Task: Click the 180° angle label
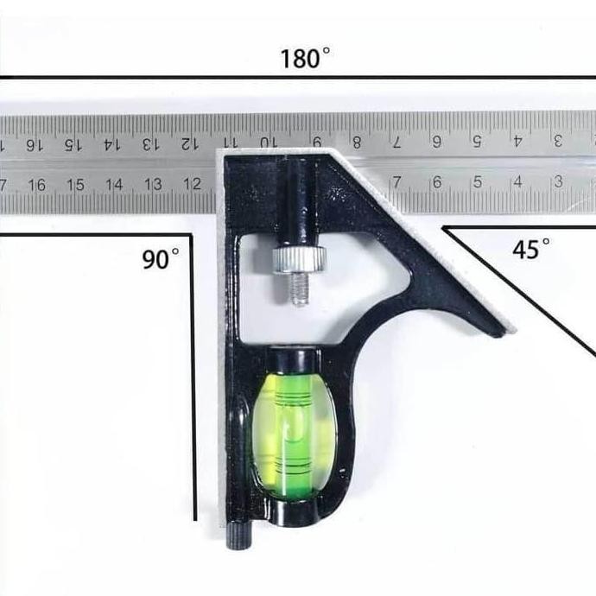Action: [x=305, y=59]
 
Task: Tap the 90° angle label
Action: [x=161, y=259]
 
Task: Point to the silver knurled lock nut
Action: [x=298, y=260]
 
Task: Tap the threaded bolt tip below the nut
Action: [x=298, y=289]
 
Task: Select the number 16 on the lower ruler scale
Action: [x=36, y=185]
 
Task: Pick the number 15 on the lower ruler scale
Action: [x=75, y=185]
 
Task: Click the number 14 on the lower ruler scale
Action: [x=114, y=185]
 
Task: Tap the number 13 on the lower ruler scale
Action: [x=153, y=184]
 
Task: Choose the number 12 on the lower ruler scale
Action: [x=192, y=184]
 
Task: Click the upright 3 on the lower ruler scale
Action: [x=557, y=181]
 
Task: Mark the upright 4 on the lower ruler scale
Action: [x=517, y=182]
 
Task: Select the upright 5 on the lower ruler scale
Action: [x=477, y=182]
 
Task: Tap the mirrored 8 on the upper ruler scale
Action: [x=357, y=142]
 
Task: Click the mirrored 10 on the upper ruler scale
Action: [x=268, y=142]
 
